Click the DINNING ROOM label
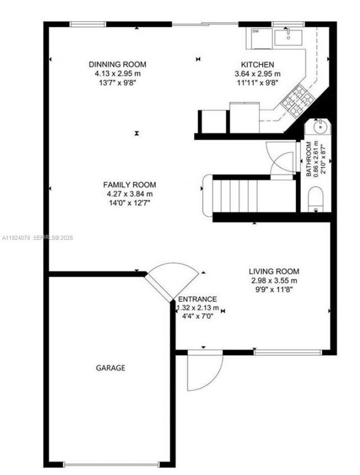click(118, 64)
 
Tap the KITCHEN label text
click(258, 65)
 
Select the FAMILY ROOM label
click(129, 185)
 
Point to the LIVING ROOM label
click(274, 271)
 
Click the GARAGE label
click(110, 368)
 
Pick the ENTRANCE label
click(197, 300)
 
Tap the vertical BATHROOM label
click(309, 159)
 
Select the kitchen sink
click(288, 37)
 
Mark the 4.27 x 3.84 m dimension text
click(129, 194)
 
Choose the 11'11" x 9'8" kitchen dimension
click(258, 82)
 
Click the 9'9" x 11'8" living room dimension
click(274, 289)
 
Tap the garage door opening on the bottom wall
click(111, 464)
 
